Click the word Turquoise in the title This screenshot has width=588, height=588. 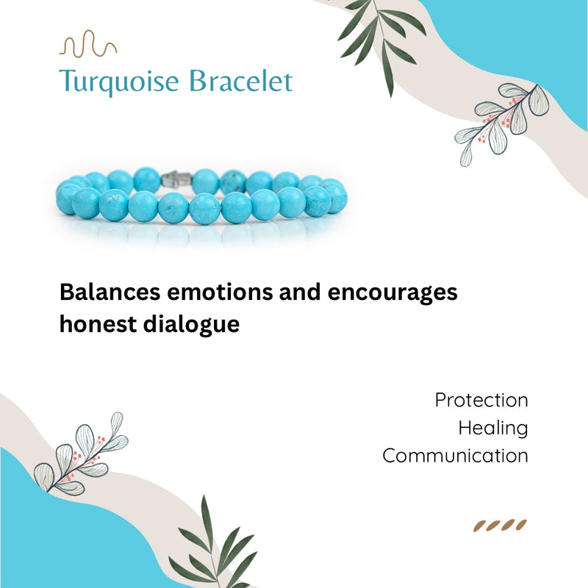point(119,81)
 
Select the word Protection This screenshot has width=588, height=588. point(481,401)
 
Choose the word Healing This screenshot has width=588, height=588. point(492,428)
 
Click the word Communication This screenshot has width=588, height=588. point(455,456)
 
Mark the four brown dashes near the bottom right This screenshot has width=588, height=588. point(500,525)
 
